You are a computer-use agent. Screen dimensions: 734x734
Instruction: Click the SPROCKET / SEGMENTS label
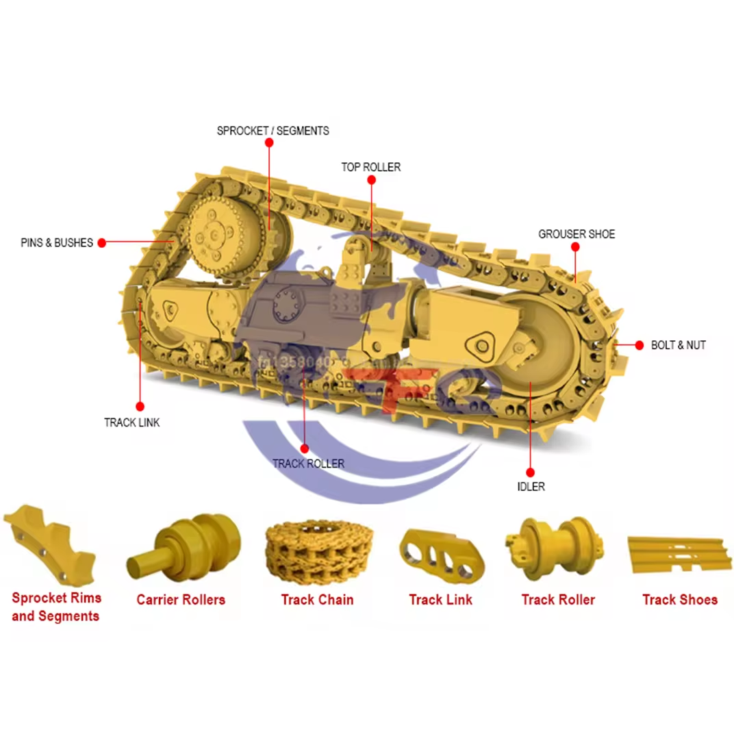[x=273, y=130]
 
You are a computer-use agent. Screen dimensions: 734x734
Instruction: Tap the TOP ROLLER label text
[x=371, y=167]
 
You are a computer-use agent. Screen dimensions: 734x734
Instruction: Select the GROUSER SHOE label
[x=577, y=234]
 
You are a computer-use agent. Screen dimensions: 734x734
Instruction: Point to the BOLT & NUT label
[x=678, y=345]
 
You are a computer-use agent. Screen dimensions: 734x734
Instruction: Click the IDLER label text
[x=531, y=487]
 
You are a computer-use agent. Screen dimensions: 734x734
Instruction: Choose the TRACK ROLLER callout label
[x=308, y=464]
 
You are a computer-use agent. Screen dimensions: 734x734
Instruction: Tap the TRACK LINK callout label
[x=132, y=422]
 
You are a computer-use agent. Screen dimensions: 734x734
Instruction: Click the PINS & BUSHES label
[x=57, y=242]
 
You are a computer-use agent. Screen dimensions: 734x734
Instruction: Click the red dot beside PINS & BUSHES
[x=101, y=242]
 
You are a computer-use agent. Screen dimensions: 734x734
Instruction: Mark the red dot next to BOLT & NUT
[x=640, y=344]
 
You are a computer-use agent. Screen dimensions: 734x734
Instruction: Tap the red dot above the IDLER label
[x=530, y=472]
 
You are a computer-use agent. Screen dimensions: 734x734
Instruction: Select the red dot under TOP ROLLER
[x=371, y=180]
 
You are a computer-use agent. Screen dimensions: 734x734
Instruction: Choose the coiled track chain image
[x=317, y=553]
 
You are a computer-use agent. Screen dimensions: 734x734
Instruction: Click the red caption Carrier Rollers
[x=181, y=600]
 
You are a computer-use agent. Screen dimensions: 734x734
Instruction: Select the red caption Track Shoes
[x=680, y=600]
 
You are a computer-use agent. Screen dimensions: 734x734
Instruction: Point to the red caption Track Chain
[x=317, y=600]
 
